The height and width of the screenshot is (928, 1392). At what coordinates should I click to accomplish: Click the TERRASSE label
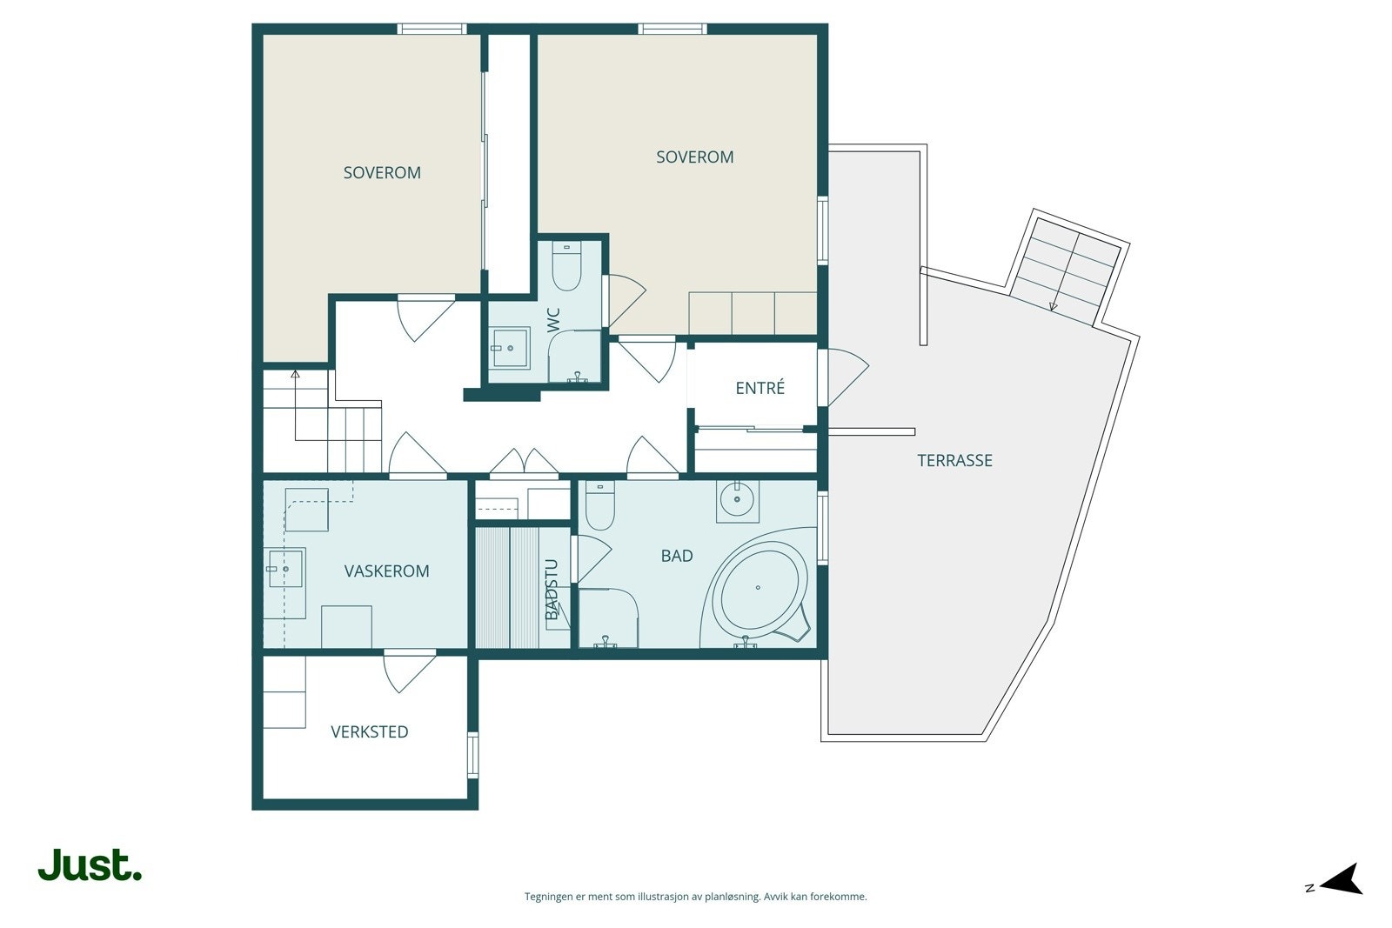[954, 460]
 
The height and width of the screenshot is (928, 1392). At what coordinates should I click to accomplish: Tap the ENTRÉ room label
[760, 388]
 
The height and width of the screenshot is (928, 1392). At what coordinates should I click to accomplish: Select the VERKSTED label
[369, 731]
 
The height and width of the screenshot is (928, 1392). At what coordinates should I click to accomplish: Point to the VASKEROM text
[386, 571]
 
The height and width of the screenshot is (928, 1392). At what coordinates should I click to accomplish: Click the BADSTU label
[552, 590]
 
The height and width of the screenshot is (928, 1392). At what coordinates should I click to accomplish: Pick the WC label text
[553, 320]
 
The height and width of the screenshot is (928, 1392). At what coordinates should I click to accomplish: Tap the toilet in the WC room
[566, 266]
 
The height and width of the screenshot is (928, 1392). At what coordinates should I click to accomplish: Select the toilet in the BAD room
[600, 505]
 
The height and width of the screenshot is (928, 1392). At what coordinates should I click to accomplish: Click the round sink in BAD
[737, 498]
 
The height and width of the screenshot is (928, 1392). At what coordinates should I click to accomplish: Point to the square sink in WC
[510, 348]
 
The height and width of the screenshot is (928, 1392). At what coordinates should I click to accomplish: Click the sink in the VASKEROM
[284, 568]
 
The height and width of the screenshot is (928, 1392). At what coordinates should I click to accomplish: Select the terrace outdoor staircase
[1067, 271]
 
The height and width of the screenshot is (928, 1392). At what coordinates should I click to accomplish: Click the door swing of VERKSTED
[410, 671]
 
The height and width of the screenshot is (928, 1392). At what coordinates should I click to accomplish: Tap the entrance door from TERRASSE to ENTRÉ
[843, 377]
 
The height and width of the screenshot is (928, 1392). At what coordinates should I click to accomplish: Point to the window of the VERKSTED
[473, 755]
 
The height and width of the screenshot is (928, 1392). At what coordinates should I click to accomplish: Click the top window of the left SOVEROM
[432, 29]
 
